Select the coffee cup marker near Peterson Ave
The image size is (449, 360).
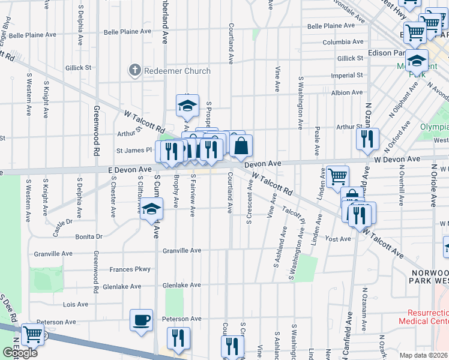[x=142, y=320]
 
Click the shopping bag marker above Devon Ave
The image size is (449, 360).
[x=241, y=146]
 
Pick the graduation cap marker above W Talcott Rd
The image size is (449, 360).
[x=187, y=106]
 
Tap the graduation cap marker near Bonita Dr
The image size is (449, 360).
[x=152, y=209]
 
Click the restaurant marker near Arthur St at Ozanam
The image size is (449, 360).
[x=367, y=139]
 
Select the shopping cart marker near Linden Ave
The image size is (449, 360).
[x=337, y=176]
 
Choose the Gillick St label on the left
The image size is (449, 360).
[x=79, y=68]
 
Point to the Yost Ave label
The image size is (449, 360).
[x=337, y=239]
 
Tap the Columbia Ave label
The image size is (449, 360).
[x=343, y=42]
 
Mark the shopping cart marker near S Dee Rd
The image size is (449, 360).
[x=32, y=335]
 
